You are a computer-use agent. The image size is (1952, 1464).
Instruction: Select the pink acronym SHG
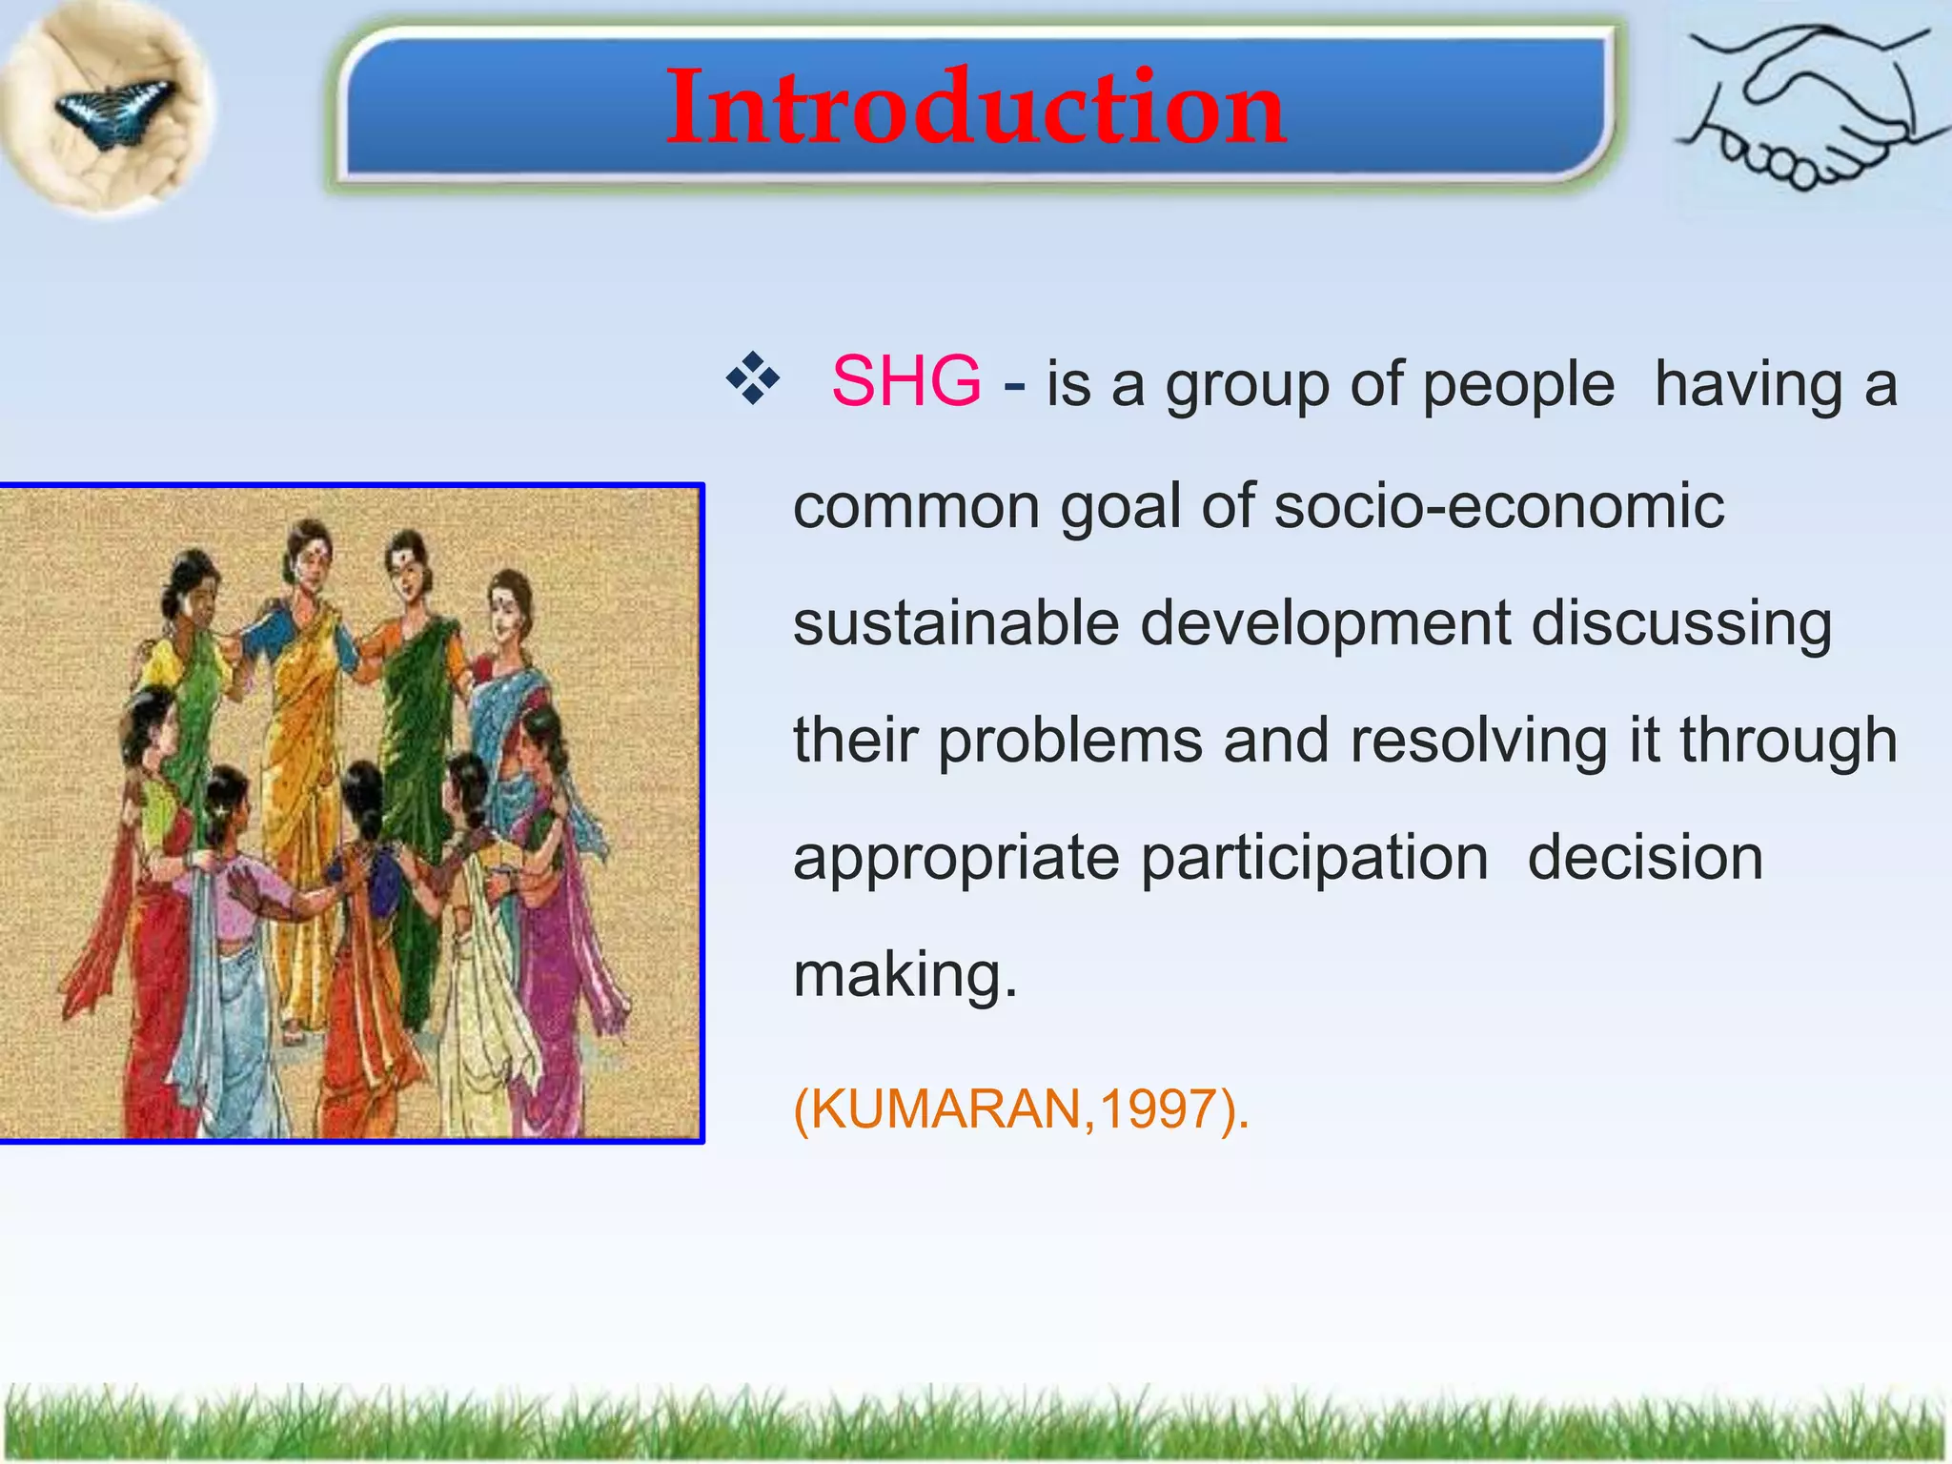[x=905, y=382]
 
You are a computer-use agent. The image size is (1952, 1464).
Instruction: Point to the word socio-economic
[x=1498, y=505]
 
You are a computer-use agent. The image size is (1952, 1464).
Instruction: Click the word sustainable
[x=955, y=623]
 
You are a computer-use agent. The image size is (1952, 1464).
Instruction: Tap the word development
[x=1325, y=623]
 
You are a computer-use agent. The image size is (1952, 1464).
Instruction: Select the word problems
[x=1069, y=741]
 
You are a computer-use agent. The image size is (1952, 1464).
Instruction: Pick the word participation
[x=1314, y=858]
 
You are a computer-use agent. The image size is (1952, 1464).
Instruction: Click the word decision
[x=1645, y=858]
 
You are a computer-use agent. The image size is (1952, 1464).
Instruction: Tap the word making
[x=904, y=975]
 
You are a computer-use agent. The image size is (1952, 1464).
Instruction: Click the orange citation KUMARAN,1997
[x=1020, y=1109]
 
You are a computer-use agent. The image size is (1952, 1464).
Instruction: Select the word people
[x=1518, y=384]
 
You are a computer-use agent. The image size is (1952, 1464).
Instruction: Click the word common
[x=916, y=506]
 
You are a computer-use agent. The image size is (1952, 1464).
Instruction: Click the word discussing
[x=1681, y=623]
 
